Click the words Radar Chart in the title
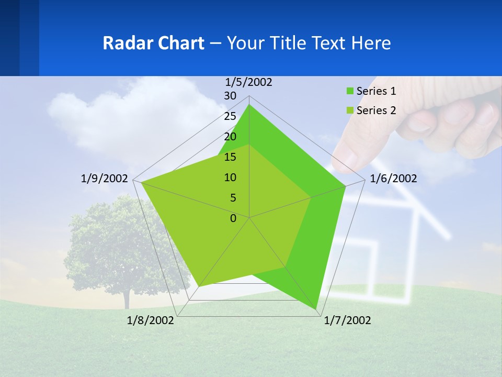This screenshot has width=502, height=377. point(153,43)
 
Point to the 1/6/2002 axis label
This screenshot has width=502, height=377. point(393,179)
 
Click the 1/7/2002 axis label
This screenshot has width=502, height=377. point(347,320)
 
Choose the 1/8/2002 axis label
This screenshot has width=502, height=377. point(151,320)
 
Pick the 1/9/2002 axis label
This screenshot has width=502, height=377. point(105,179)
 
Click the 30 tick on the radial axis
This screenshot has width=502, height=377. point(230,96)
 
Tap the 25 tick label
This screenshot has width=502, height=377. point(230,116)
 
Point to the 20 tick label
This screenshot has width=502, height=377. point(230,137)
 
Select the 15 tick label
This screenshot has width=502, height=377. point(230,157)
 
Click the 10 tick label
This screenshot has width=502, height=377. point(230,178)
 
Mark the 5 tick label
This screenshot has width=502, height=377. point(233,198)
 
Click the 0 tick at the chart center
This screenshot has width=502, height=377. point(233,218)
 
